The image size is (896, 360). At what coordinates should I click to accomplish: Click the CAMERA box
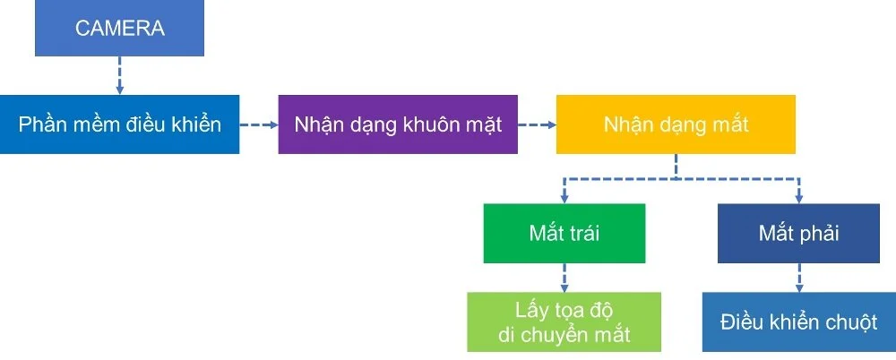(120, 29)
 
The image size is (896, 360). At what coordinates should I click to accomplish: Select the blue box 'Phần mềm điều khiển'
(119, 124)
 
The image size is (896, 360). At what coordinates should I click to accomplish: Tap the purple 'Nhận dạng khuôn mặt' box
(398, 124)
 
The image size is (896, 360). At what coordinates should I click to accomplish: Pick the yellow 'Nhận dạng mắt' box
(676, 124)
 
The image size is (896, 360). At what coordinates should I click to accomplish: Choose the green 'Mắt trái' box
(564, 234)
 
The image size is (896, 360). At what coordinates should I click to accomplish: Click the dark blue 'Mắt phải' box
(798, 234)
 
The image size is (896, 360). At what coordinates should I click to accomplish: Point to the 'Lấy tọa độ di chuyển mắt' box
(564, 322)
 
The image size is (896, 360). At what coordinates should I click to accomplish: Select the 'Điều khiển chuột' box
(798, 322)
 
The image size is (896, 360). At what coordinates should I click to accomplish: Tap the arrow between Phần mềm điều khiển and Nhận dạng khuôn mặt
(259, 124)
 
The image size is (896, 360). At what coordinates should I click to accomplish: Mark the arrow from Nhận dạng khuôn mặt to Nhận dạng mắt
(537, 124)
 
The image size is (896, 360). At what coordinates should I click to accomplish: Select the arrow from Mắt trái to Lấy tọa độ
(564, 278)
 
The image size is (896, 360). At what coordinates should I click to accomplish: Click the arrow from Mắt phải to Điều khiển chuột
(798, 278)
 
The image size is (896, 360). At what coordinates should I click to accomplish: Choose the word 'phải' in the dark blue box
(818, 235)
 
